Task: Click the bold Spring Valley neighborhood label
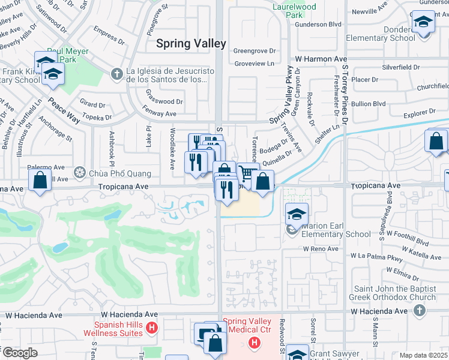[191, 43]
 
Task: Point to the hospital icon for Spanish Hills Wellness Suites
[152, 328]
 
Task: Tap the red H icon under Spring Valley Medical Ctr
[255, 343]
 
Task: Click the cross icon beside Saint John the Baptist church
[420, 310]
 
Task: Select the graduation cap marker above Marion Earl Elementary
[296, 213]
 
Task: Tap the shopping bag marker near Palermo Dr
[39, 179]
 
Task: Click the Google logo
[20, 353]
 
